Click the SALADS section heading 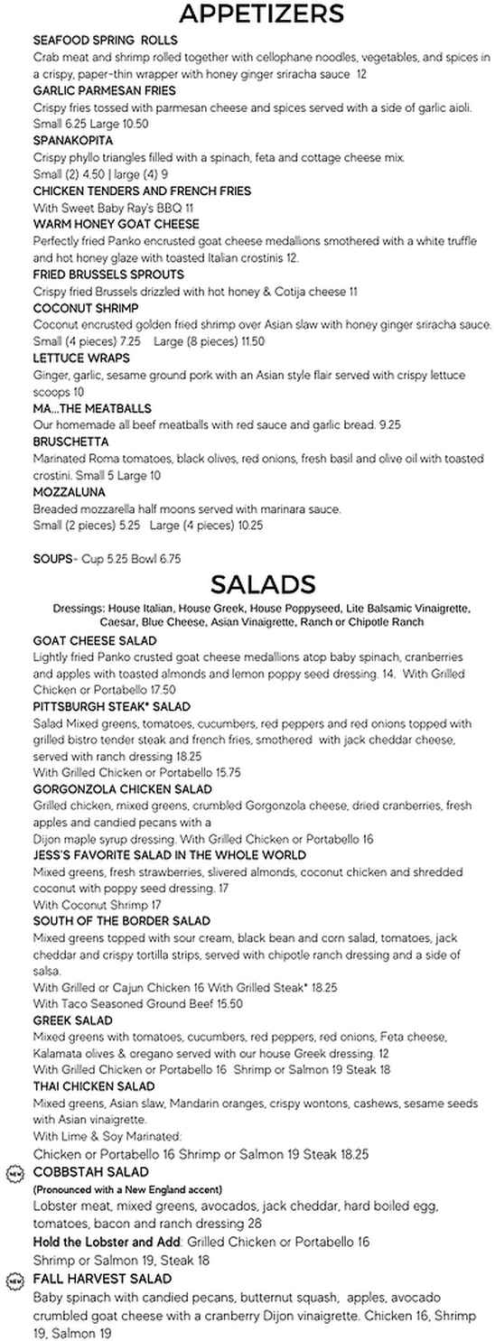pyautogui.click(x=262, y=582)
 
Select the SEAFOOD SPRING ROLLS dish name pyautogui.click(x=105, y=41)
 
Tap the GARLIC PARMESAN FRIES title pyautogui.click(x=104, y=91)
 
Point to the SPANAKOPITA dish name pyautogui.click(x=73, y=142)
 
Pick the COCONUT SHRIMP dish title pyautogui.click(x=86, y=308)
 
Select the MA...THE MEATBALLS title pyautogui.click(x=92, y=409)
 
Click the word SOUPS pyautogui.click(x=51, y=559)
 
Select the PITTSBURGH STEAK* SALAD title pyautogui.click(x=111, y=706)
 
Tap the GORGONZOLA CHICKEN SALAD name pyautogui.click(x=122, y=789)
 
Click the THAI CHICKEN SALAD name pyautogui.click(x=94, y=1086)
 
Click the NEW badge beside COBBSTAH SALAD pyautogui.click(x=14, y=1173)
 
